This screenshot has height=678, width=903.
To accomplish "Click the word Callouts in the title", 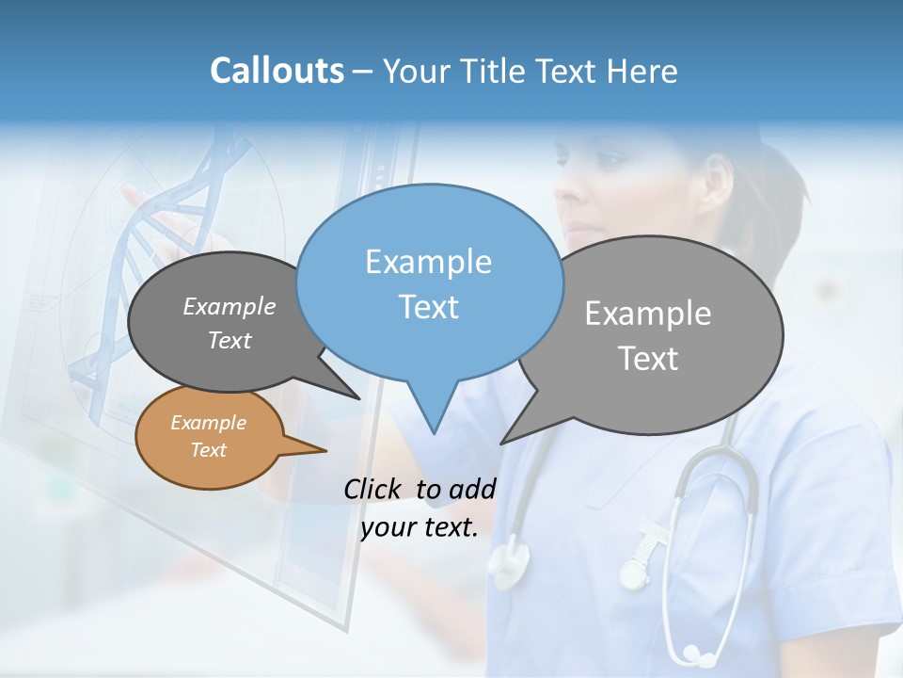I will [277, 71].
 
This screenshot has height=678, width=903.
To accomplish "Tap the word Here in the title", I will [642, 71].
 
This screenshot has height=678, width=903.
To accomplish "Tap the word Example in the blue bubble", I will [428, 262].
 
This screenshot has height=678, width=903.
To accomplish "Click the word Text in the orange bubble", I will [208, 450].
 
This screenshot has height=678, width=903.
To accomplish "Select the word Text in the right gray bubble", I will [648, 358].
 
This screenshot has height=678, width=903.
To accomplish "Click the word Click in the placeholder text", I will [374, 489].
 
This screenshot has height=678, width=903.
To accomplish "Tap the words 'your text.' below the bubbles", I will [420, 527].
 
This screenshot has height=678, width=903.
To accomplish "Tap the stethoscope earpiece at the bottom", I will [694, 652].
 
